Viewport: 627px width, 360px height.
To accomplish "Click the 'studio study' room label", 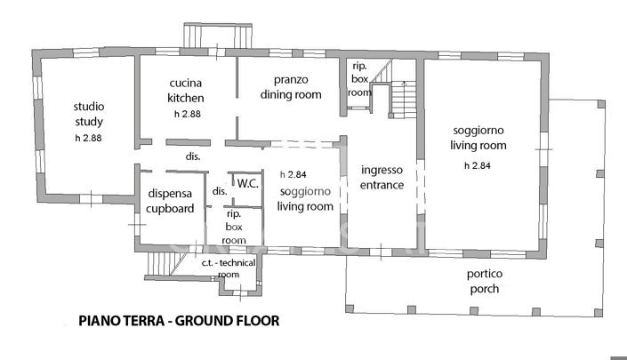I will pos(89,114).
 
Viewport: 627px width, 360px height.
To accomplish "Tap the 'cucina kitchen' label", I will pos(187,91).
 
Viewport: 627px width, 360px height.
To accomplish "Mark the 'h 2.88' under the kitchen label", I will pos(187,114).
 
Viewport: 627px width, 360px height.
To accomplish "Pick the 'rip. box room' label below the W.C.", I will pos(234,227).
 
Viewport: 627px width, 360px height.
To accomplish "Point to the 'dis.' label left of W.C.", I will pos(218,190).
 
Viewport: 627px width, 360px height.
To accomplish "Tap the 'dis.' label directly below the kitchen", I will pos(191,156).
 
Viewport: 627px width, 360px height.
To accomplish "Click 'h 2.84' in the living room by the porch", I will pos(478,165).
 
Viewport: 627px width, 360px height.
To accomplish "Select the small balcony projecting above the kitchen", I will pos(215,36).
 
